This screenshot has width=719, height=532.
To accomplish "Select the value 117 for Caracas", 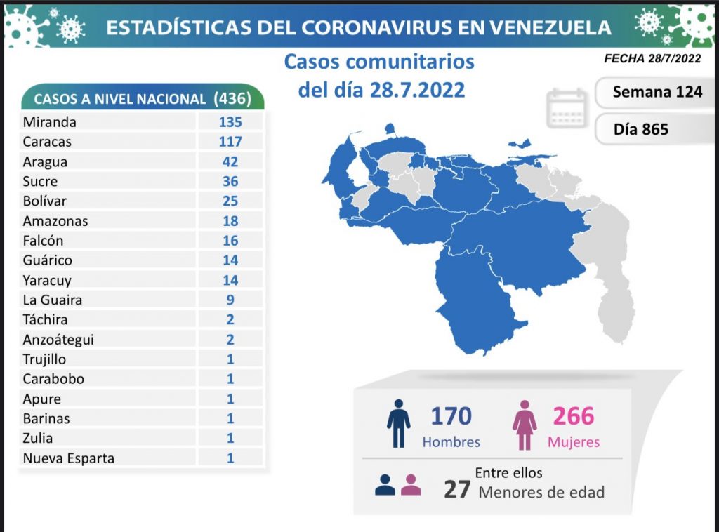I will pos(230,142).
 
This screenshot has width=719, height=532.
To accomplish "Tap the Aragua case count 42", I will pos(230,161).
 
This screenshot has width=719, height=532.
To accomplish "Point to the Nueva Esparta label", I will pos(68,458).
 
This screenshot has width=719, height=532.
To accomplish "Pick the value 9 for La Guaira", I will pos(230,300).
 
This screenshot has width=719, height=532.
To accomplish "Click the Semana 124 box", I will pos(657,92).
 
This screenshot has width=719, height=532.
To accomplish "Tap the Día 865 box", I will pos(640,129).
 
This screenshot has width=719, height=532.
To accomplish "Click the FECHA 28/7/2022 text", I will pos(653,59).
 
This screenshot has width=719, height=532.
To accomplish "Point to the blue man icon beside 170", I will pos(398,424).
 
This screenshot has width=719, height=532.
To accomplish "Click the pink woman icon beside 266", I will pos(525,424).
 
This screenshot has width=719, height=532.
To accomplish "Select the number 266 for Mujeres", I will pos(573,416).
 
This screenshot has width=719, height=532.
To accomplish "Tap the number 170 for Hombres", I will pos(451,416).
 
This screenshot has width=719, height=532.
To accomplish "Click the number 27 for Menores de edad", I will pos(456,489).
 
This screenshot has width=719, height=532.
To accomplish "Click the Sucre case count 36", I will pos(230,181).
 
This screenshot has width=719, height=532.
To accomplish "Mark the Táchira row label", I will pos(45,319).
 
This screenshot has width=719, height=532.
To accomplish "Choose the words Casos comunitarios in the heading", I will pos(379,62).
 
